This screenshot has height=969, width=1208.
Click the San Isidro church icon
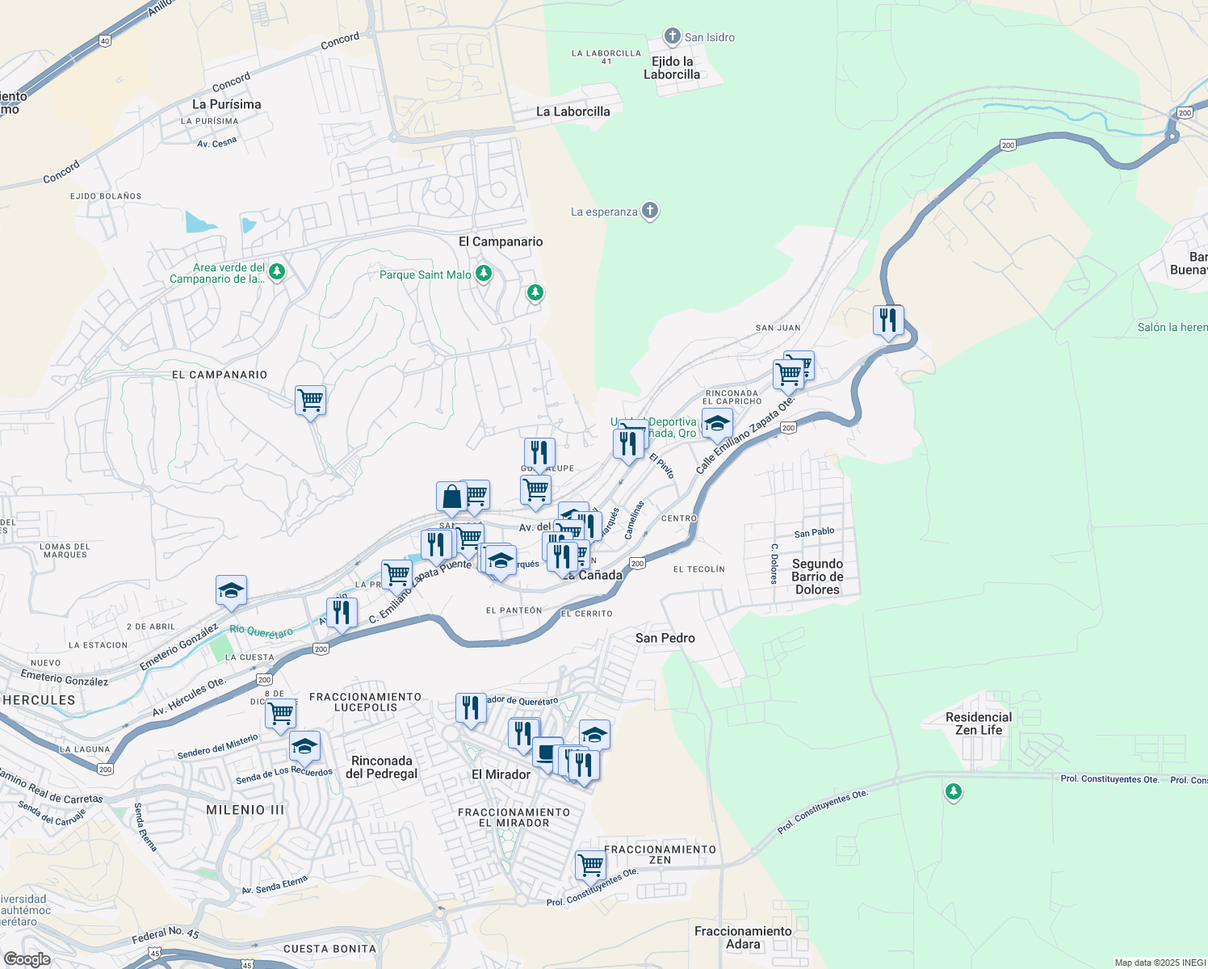coord(672,36)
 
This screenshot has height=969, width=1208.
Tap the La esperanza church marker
coord(650,212)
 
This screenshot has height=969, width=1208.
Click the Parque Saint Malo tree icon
coord(484,274)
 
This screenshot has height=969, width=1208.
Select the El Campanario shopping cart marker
coord(310,400)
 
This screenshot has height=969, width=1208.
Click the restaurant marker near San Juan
coord(888,321)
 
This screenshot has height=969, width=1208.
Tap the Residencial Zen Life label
coord(978,724)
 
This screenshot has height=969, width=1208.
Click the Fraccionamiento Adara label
coord(743,938)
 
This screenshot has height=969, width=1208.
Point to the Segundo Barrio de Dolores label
coord(817,577)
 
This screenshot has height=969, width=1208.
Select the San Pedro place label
coord(665,638)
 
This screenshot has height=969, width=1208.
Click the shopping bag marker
coord(451,497)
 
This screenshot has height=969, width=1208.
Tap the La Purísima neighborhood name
coord(226,104)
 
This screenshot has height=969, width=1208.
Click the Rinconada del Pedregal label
coord(382,767)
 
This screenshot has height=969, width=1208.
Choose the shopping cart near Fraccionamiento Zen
coord(590,865)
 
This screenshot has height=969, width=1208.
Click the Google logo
coord(27,959)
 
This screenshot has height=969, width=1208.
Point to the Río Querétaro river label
coord(261,631)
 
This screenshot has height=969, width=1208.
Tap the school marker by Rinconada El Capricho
coord(717,424)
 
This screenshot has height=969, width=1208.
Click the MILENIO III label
coord(245,810)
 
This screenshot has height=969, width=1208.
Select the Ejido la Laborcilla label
coord(672,68)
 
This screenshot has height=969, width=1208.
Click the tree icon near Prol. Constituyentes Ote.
coord(954,791)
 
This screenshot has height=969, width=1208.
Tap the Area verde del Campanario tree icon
coord(277,271)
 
